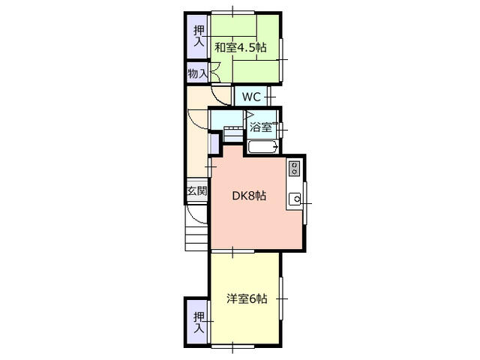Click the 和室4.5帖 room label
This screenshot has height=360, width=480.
click(239, 47)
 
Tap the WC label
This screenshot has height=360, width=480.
click(250, 97)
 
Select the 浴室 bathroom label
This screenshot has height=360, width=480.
click(262, 127)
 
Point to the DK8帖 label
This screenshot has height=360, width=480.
click(248, 196)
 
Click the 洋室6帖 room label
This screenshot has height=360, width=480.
click(247, 298)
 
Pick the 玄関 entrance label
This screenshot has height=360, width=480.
click(196, 191)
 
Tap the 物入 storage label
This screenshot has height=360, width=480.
click(197, 73)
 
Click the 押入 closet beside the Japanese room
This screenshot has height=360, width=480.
click(198, 34)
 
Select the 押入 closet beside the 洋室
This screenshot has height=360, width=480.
click(198, 322)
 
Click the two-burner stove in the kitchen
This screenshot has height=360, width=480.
click(295, 169)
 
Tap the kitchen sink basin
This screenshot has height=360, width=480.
click(295, 199)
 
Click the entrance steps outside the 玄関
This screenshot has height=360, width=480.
click(196, 235)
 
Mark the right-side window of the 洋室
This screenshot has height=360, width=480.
click(282, 298)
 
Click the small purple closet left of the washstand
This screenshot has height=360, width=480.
click(213, 142)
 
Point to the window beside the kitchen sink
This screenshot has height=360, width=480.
click(306, 202)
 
